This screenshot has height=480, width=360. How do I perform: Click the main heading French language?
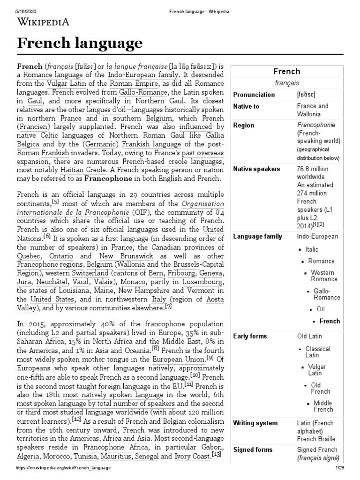pos(80,44)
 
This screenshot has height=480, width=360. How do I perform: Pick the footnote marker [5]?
pos(55,202)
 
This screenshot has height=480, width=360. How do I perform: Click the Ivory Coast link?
pos(191,456)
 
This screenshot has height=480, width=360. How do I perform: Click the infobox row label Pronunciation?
pos(254,95)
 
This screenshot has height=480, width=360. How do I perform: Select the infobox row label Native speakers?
pos(256,169)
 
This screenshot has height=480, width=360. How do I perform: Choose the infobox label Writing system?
pos(255,423)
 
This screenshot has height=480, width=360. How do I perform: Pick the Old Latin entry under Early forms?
pos(310,337)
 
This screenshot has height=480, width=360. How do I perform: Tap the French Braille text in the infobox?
pos(315,439)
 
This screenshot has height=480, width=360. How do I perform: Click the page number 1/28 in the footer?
pos(339,473)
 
